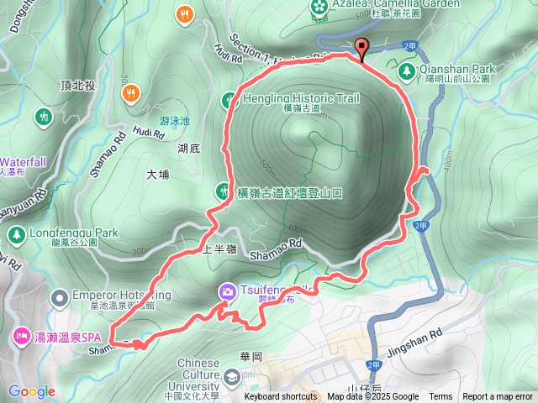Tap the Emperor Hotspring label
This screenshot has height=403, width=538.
point(123,295)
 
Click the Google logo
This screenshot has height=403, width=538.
point(30,391)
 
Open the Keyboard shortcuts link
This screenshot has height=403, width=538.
point(281,397)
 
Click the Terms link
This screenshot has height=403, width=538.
point(440,397)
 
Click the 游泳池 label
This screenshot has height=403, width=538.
point(174,120)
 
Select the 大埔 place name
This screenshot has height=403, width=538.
point(157,175)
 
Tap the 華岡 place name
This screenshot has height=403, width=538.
point(251,356)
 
